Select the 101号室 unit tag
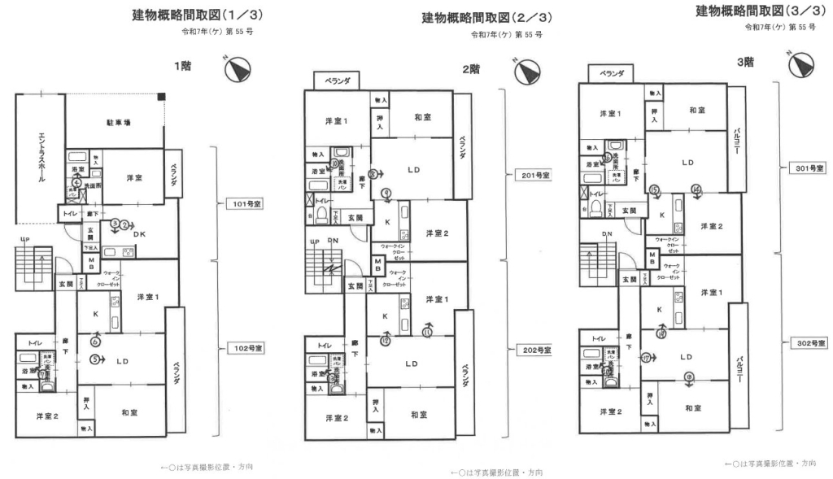tap(243, 204)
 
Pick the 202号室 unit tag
tap(533, 350)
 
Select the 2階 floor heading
tap(470, 70)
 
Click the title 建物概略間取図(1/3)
tap(198, 16)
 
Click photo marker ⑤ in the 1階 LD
tap(95, 359)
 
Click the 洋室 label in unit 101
tap(134, 177)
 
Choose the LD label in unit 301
tap(687, 163)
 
